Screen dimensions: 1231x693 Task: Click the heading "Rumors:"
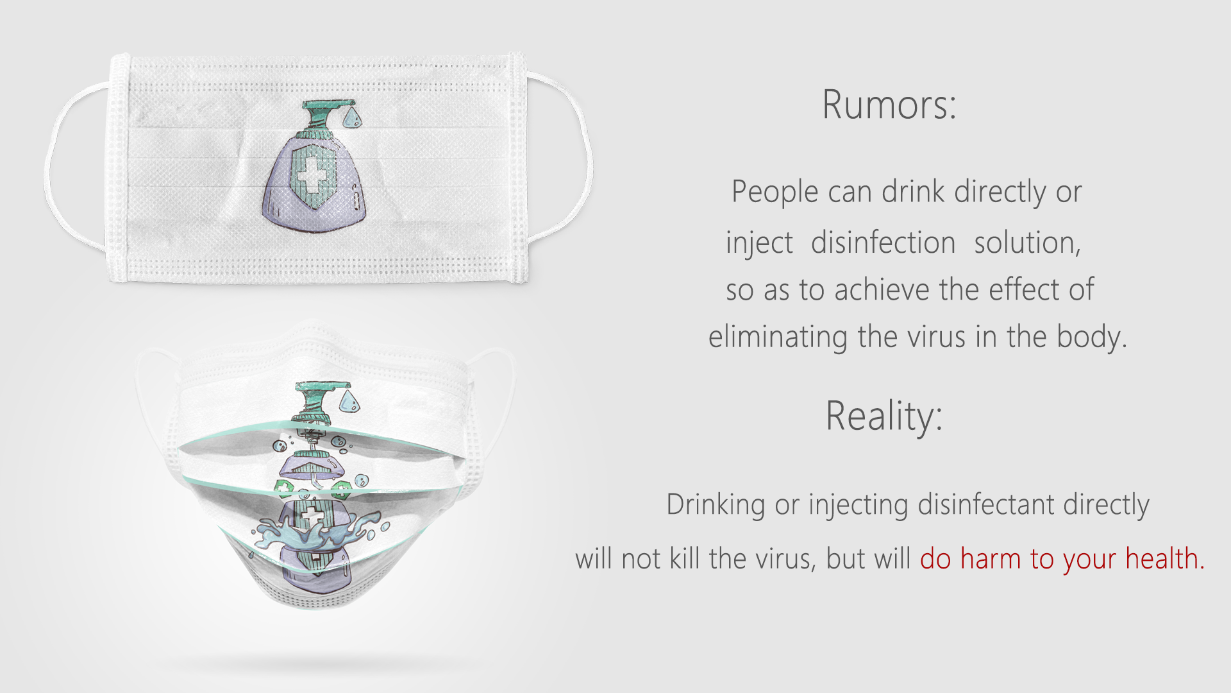click(889, 105)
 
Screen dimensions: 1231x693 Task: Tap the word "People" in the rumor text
click(775, 193)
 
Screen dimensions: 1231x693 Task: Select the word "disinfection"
click(883, 243)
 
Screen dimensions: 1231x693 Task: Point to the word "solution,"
click(1027, 243)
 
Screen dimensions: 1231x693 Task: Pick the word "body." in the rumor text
click(1092, 337)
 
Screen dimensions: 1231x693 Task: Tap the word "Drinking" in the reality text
click(716, 505)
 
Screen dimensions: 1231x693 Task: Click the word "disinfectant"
click(986, 504)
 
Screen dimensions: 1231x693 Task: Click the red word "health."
click(1165, 558)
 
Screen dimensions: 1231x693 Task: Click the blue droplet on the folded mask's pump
click(349, 400)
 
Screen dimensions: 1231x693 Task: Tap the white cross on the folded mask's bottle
click(313, 515)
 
